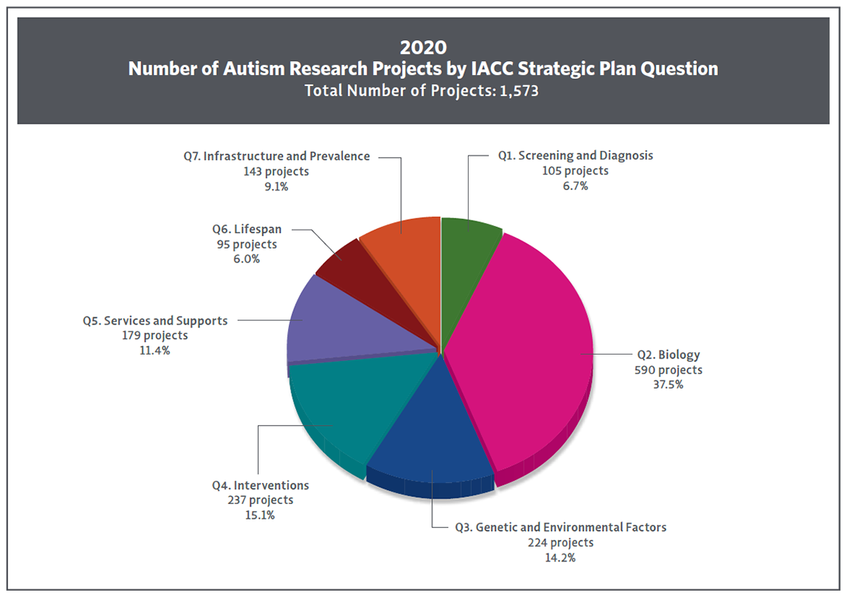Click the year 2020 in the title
click(423, 47)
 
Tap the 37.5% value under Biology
click(668, 385)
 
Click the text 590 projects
click(668, 370)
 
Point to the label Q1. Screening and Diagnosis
click(575, 156)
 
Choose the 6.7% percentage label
click(575, 186)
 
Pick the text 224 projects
click(560, 543)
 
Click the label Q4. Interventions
click(260, 485)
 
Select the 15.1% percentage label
click(260, 515)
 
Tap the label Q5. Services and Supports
click(155, 321)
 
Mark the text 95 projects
click(246, 245)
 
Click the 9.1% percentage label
click(276, 186)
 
